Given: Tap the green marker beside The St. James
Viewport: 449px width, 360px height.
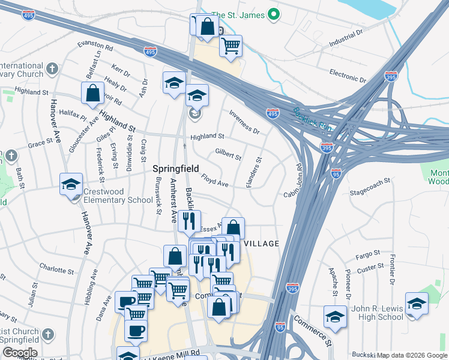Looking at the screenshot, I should click(x=274, y=14).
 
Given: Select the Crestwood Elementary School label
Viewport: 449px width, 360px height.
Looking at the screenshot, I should click(x=118, y=200).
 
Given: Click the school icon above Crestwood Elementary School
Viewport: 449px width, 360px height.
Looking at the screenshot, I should click(x=71, y=185).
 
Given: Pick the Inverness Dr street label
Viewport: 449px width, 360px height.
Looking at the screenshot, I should click(x=244, y=122).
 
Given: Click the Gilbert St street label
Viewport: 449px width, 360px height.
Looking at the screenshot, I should click(x=228, y=153).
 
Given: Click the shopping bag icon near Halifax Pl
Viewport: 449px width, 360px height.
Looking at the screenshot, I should click(x=93, y=94).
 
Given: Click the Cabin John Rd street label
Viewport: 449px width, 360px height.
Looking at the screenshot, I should click(x=294, y=180).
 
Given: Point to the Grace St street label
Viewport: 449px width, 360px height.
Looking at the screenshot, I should click(x=41, y=143).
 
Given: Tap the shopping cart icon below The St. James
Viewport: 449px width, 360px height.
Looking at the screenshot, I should click(x=231, y=45).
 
